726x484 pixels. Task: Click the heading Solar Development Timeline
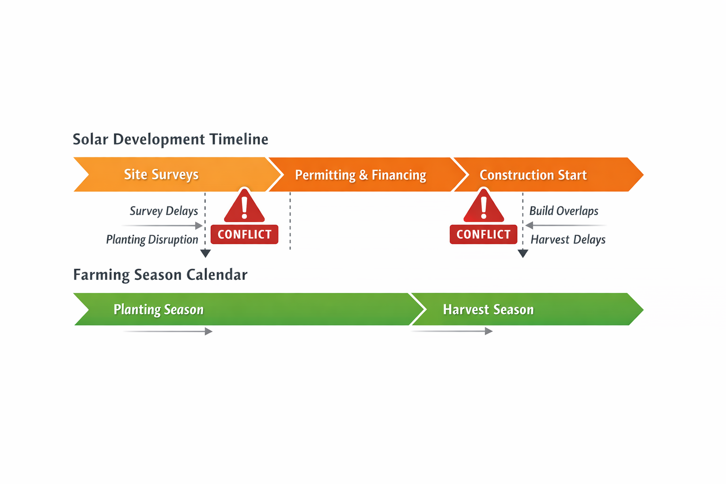click(x=170, y=139)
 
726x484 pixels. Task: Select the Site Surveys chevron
click(x=161, y=174)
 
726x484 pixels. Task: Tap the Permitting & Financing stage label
click(x=361, y=175)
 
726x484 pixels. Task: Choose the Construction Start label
click(x=533, y=175)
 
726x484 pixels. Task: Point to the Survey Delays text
click(x=164, y=211)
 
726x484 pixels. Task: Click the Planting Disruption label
click(x=152, y=240)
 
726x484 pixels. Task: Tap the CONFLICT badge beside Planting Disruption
click(x=244, y=234)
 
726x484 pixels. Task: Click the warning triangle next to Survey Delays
click(x=244, y=207)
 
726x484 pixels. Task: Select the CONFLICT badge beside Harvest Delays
click(x=484, y=234)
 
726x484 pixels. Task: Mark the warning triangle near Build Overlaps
click(x=484, y=207)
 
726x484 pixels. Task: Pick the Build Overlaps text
click(x=564, y=211)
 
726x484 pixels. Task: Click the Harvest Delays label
click(x=568, y=240)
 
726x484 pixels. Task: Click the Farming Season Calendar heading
click(x=160, y=275)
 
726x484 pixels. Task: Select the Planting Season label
click(x=158, y=310)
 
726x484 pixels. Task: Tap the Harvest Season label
click(x=488, y=310)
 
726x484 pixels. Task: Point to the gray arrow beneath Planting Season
click(x=168, y=331)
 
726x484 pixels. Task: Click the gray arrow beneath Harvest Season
click(x=452, y=331)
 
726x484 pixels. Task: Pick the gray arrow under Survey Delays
click(x=163, y=225)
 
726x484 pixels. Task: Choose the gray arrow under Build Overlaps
click(x=565, y=225)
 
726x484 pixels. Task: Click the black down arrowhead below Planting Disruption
click(x=205, y=253)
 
